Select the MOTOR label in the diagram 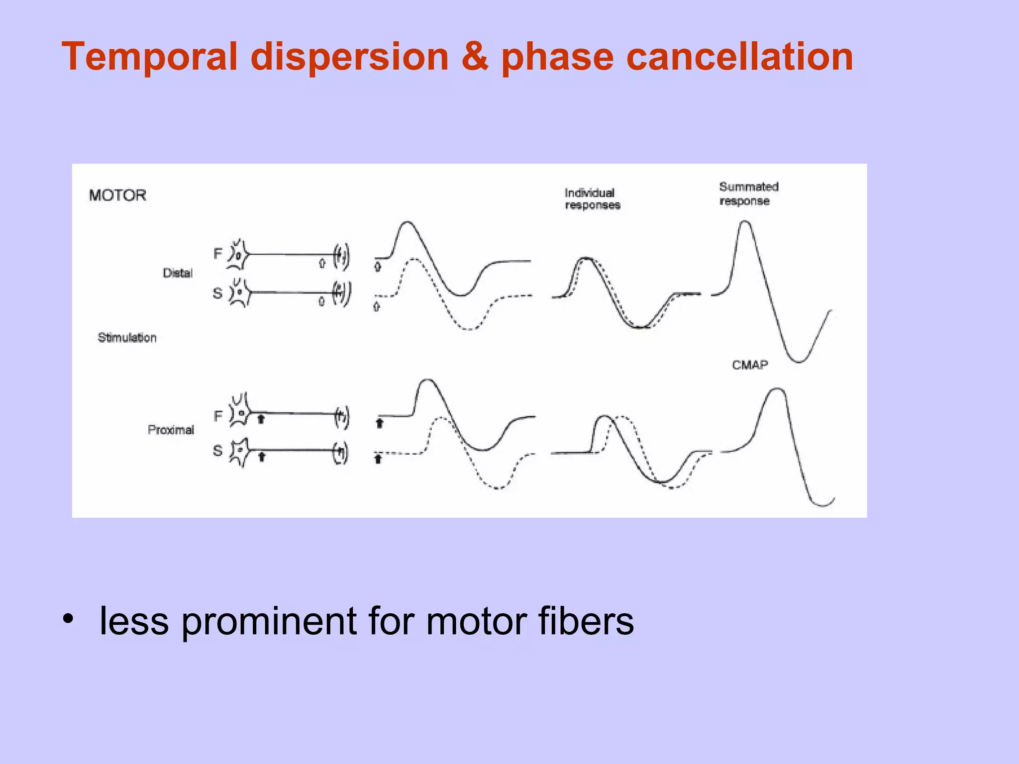click(117, 195)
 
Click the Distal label click(178, 273)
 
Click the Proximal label click(171, 430)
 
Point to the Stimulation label click(127, 338)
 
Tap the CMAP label click(750, 365)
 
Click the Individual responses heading click(592, 199)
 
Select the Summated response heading click(748, 193)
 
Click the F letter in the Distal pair click(217, 254)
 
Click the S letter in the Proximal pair click(217, 451)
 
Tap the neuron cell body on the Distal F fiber click(238, 255)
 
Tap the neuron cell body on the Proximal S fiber click(240, 450)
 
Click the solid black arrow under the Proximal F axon click(261, 419)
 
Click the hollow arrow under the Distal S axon click(321, 301)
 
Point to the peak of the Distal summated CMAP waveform click(746, 222)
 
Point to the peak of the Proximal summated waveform click(777, 389)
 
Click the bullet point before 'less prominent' click(68, 620)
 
